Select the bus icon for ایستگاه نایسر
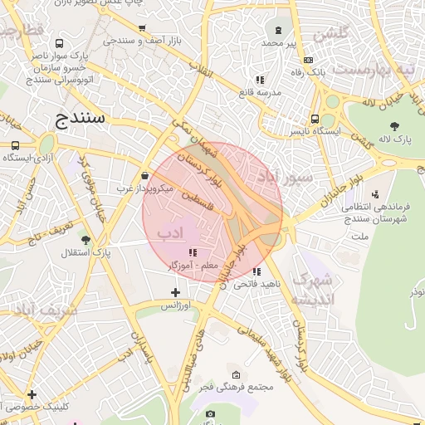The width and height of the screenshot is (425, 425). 315,118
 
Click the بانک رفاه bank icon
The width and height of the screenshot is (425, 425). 308,60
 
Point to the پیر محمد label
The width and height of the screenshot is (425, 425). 278,42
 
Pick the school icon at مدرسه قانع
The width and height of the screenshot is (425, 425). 260,80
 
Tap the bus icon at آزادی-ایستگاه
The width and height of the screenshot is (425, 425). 15,144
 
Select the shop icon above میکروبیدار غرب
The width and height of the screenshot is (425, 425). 145,175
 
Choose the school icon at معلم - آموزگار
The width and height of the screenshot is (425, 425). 193,252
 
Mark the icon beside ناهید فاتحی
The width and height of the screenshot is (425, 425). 257,271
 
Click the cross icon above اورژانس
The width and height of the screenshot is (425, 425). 175,292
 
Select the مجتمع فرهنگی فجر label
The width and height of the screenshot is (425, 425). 238,388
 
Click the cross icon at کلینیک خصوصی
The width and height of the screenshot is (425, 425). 32,394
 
